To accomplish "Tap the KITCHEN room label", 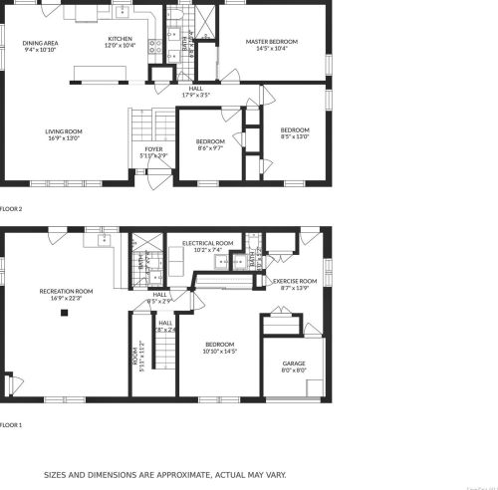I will pyautogui.click(x=120, y=39).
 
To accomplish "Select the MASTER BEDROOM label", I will pyautogui.click(x=272, y=41).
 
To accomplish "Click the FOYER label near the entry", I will pyautogui.click(x=153, y=148).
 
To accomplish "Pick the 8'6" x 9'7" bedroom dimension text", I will pyautogui.click(x=209, y=147).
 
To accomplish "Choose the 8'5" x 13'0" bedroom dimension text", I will pyautogui.click(x=295, y=136).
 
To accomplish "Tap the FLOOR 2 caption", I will pyautogui.click(x=11, y=209).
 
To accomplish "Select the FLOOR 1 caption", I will pyautogui.click(x=11, y=425).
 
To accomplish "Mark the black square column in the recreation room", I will pyautogui.click(x=65, y=313).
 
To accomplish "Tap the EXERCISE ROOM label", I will pyautogui.click(x=295, y=281).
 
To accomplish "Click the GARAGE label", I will pyautogui.click(x=294, y=364).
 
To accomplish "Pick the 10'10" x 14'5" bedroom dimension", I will pyautogui.click(x=219, y=351).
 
